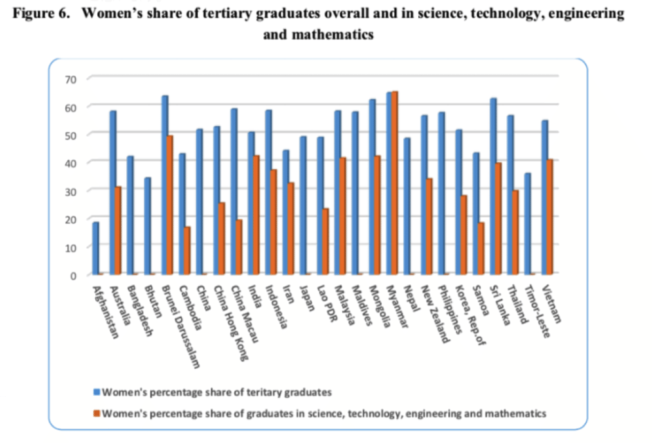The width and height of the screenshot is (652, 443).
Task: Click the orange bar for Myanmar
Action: pos(395,183)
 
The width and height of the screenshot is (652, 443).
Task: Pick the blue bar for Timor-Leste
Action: pos(528,224)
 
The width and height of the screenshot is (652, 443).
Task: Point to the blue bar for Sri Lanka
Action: pos(493,186)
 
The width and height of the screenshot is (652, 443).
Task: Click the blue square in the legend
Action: pos(97,392)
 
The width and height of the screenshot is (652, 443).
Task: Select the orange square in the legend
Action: pos(97,413)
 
